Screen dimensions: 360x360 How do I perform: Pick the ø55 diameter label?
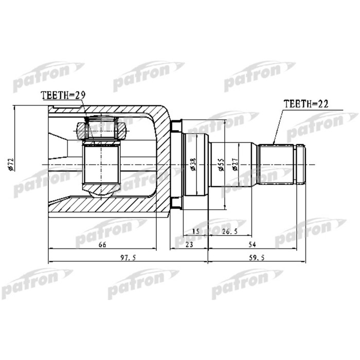pyautogui.click(x=220, y=164)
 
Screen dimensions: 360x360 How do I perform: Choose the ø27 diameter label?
pyautogui.click(x=234, y=164)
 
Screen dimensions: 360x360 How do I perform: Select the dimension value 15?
pyautogui.click(x=195, y=231)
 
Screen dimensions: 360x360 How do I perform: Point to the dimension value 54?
pyautogui.click(x=251, y=245)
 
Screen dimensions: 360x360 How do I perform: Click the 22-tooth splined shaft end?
pyautogui.click(x=276, y=164)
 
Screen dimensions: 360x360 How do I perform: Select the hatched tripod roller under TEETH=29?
pyautogui.click(x=101, y=128)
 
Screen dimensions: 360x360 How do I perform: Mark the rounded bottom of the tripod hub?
pyautogui.click(x=101, y=191)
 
